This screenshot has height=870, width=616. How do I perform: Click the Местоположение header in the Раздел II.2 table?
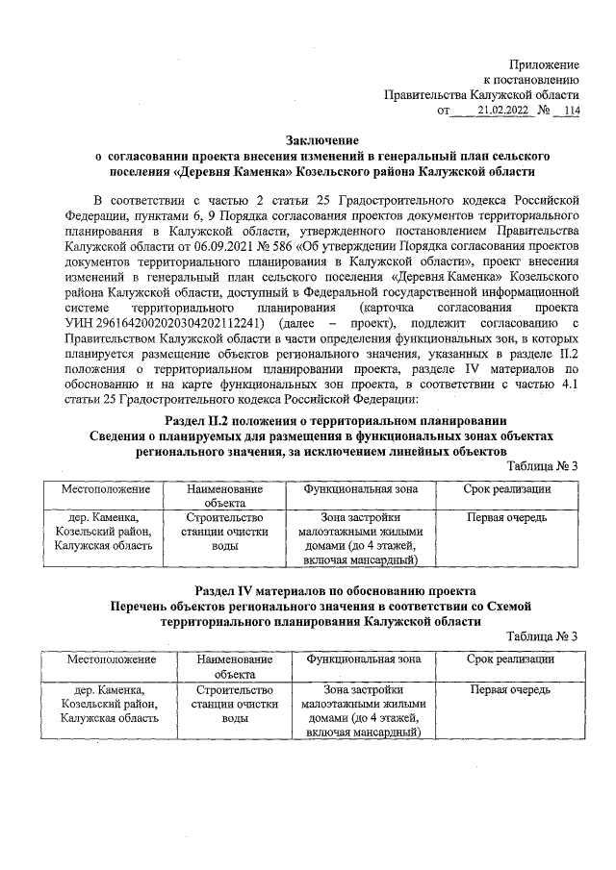(x=101, y=489)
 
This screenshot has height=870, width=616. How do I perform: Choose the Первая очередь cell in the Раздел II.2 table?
(x=506, y=517)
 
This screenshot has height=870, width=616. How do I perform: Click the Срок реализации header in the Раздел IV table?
(x=509, y=659)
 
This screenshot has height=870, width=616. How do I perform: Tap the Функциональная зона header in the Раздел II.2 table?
(x=361, y=489)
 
